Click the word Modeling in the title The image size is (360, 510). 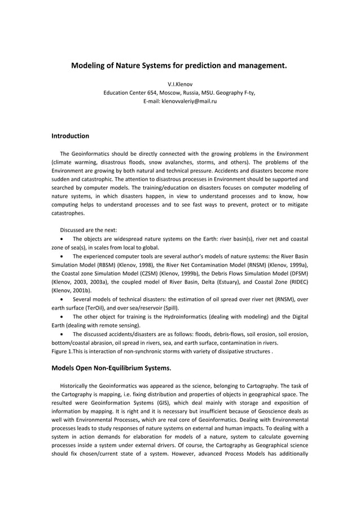click(x=89, y=66)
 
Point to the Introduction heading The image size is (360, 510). click(x=71, y=136)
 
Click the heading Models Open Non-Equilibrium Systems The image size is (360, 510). click(x=111, y=368)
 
